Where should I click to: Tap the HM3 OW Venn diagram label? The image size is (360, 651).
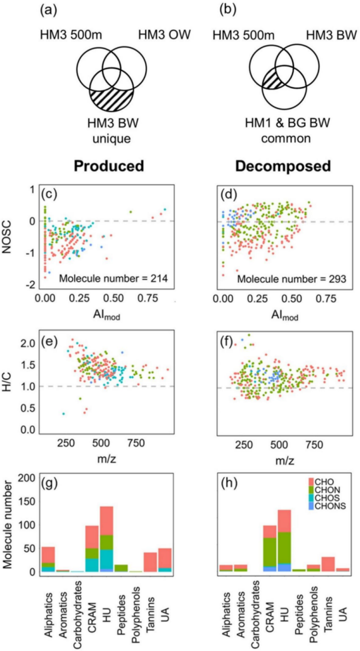tap(164, 36)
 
